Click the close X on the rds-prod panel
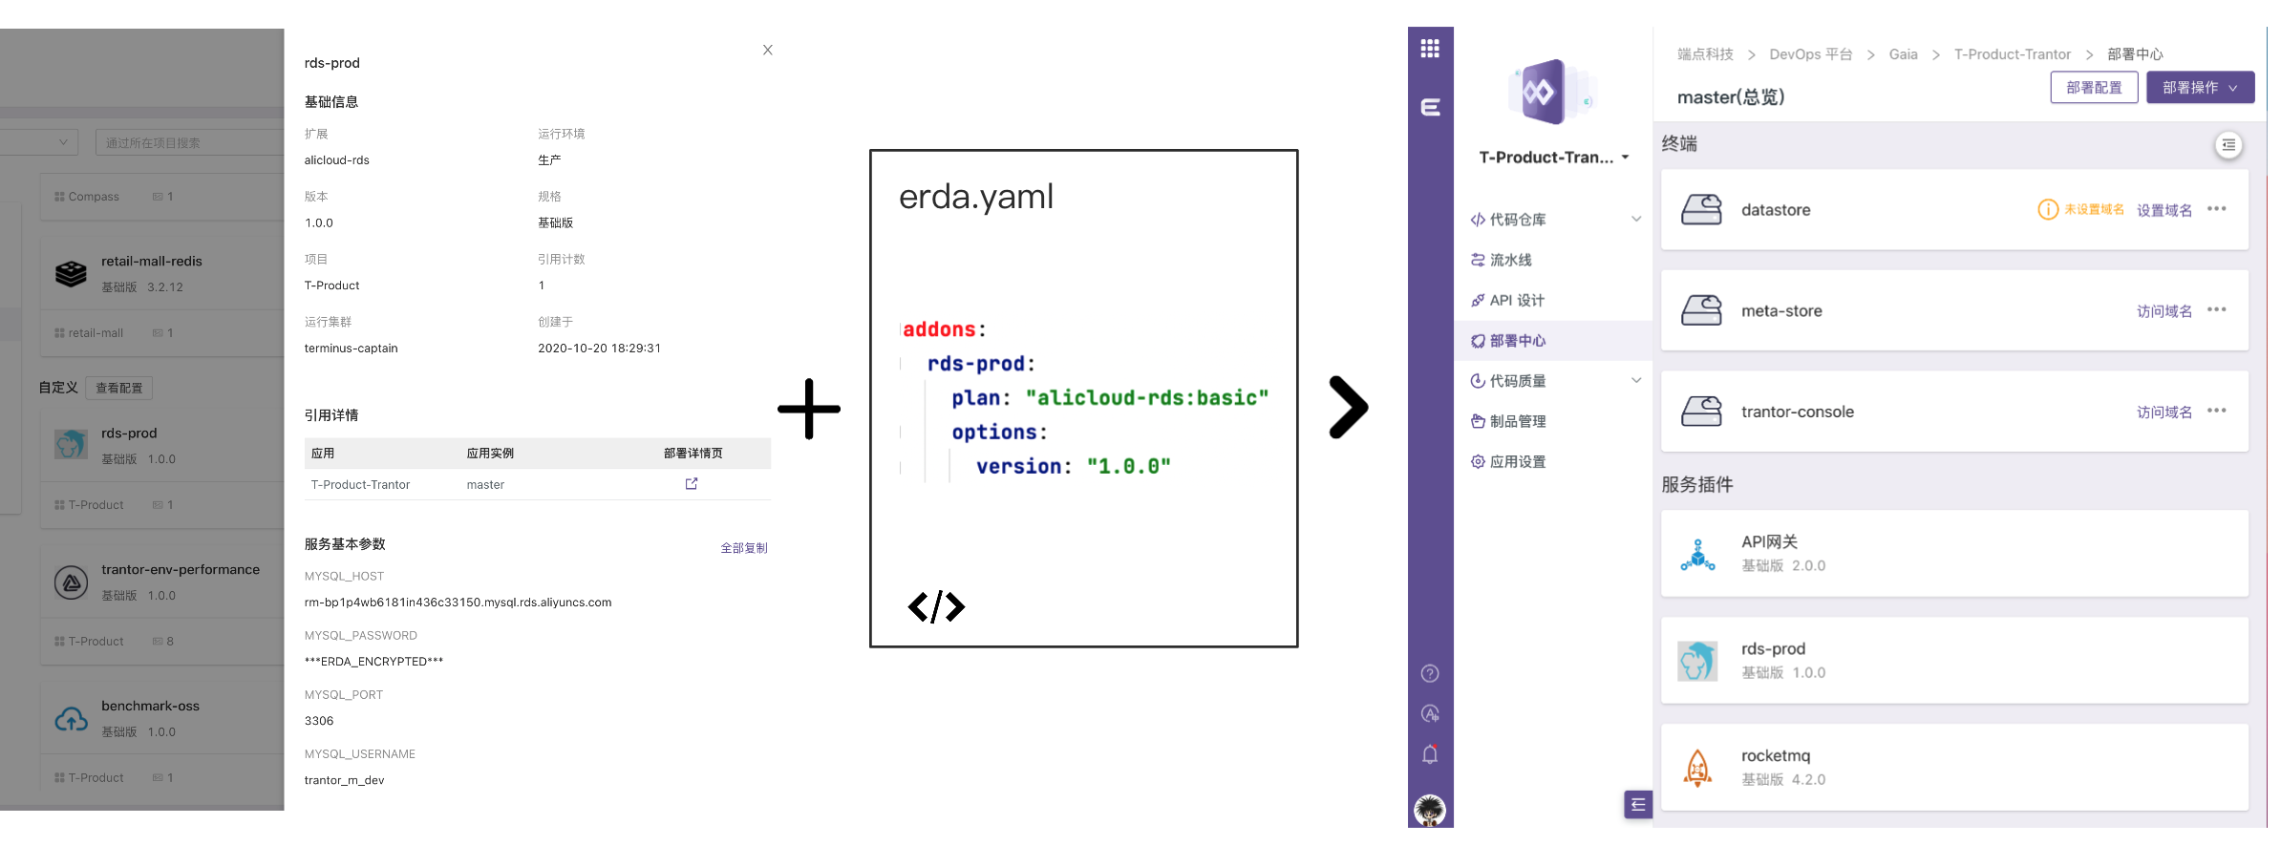(767, 50)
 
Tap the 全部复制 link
(743, 548)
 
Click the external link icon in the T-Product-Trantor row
(692, 484)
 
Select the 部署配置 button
(2094, 88)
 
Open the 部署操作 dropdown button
(2200, 88)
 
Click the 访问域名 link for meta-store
(2164, 311)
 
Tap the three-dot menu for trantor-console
(2217, 411)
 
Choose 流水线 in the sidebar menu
(1510, 260)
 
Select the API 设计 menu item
(1516, 301)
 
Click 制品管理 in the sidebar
(1517, 421)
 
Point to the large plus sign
(809, 409)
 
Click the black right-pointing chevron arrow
(1348, 408)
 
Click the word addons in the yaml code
(939, 329)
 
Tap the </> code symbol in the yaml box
(936, 606)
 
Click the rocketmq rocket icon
(1697, 768)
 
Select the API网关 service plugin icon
(1697, 554)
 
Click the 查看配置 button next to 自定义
(119, 388)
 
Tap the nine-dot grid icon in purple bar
(1430, 49)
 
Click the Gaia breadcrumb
(1903, 54)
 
